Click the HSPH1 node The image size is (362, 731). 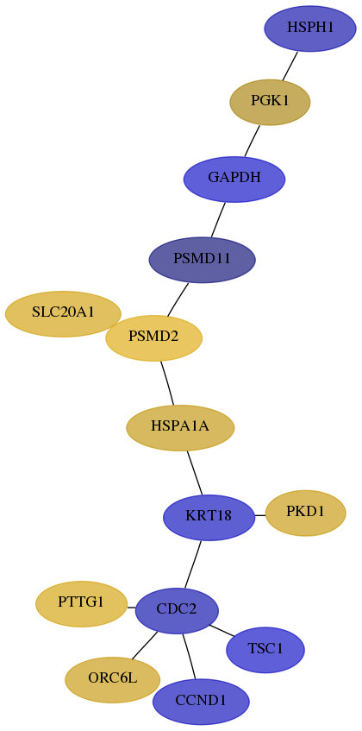pos(310,28)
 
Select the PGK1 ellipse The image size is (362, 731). pos(270,102)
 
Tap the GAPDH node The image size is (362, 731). pos(234,179)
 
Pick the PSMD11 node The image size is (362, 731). pos(202,260)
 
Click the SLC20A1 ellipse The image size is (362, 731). pos(63,314)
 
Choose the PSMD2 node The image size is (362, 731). pos(153,338)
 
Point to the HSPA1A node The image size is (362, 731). pos(180,427)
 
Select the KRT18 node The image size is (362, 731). pos(209,518)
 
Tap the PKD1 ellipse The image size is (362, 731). pos(305,513)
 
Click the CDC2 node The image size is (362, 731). pos(177,611)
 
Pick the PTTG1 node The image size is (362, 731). pos(81,604)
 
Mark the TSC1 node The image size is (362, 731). pos(265,650)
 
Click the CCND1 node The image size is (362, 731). pos(201,702)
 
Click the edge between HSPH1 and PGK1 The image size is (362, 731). pos(290,66)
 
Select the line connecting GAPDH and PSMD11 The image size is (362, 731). pos(218,219)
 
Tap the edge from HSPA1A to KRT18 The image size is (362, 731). pos(195,472)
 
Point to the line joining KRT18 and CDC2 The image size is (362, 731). pos(192,564)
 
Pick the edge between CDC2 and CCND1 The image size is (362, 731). pos(189,657)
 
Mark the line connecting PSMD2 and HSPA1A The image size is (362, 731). pos(167,382)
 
